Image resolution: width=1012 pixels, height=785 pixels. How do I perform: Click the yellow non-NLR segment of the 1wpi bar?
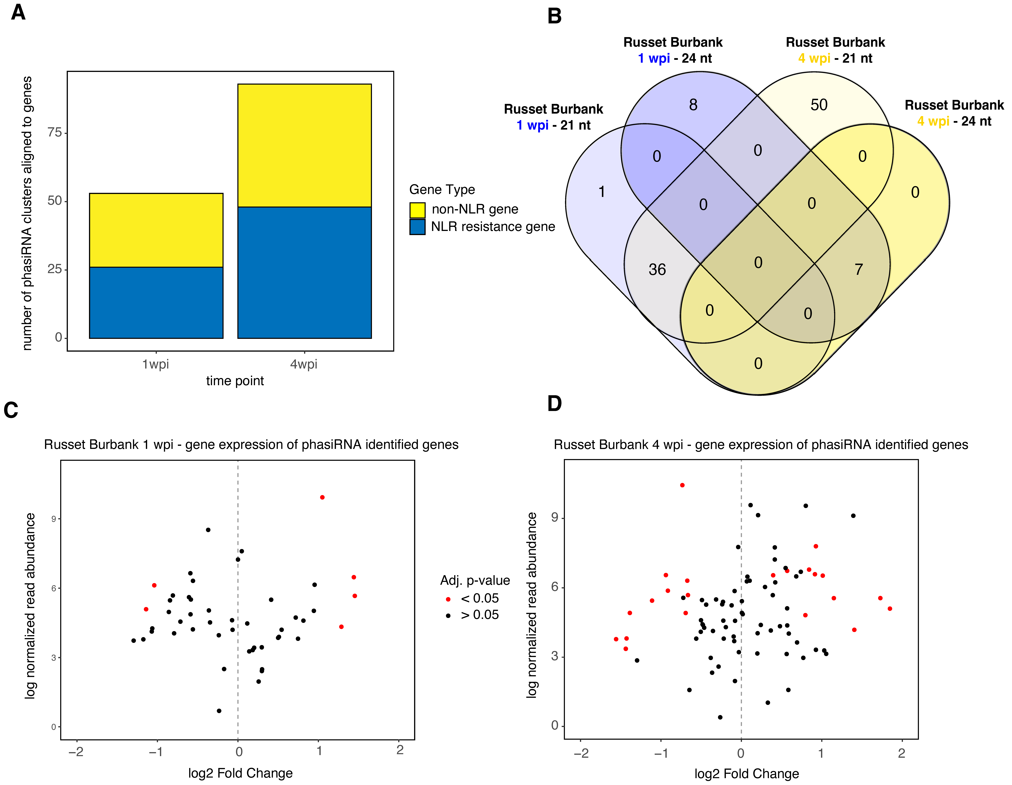pyautogui.click(x=156, y=230)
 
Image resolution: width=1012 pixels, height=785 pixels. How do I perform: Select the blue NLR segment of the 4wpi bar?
pyautogui.click(x=304, y=272)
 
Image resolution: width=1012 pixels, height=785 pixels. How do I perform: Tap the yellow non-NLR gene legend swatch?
pyautogui.click(x=417, y=210)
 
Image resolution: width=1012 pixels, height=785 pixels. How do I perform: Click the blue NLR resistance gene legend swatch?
pyautogui.click(x=417, y=227)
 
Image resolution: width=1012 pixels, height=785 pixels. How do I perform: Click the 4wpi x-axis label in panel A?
pyautogui.click(x=304, y=365)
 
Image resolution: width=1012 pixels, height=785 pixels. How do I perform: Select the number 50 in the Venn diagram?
pyautogui.click(x=819, y=105)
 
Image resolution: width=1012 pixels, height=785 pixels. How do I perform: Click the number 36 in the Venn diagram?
pyautogui.click(x=657, y=270)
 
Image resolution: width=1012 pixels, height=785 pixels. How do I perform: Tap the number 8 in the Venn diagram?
pyautogui.click(x=693, y=105)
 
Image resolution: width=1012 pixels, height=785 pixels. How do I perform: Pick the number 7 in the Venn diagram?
pyautogui.click(x=859, y=270)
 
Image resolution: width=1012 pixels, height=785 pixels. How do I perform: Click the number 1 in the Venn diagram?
pyautogui.click(x=601, y=192)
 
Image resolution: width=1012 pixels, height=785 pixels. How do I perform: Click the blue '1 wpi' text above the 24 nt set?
pyautogui.click(x=653, y=58)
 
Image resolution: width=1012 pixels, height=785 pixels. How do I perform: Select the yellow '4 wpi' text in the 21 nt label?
pyautogui.click(x=814, y=58)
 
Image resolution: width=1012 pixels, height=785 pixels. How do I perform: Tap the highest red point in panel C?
pyautogui.click(x=322, y=497)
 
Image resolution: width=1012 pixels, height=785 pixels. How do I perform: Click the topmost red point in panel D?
pyautogui.click(x=682, y=485)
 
